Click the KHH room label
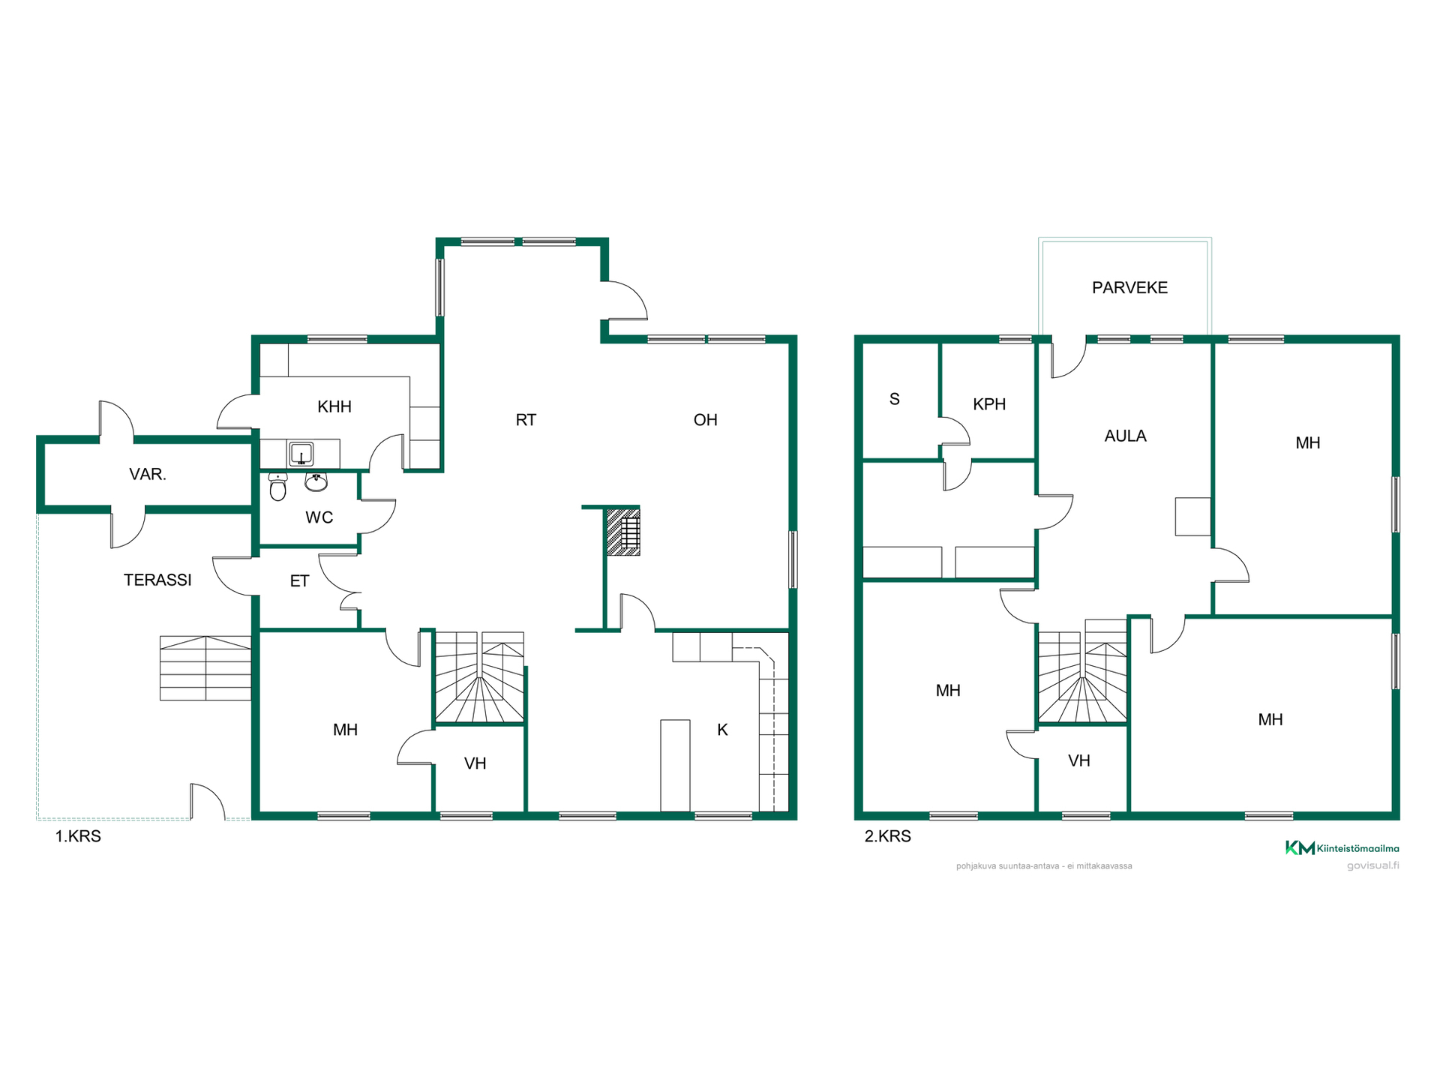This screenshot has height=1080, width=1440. point(334,406)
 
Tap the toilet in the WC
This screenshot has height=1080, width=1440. point(277,487)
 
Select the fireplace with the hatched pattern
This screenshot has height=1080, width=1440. point(622,532)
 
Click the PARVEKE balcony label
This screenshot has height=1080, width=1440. point(1129,287)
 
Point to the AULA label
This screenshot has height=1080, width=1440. point(1125,436)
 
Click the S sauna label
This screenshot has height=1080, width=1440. point(894,399)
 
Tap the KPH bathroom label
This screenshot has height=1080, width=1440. point(989,404)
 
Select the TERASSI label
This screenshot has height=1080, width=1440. point(157,580)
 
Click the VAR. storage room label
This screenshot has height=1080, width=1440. point(148,474)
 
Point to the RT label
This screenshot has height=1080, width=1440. point(526,420)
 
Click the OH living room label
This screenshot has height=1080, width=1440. point(705,420)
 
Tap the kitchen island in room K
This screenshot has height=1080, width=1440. point(675,766)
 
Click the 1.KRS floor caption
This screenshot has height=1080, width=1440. point(78,836)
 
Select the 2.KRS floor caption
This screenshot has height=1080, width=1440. point(887,836)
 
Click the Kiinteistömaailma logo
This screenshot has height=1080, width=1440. point(1342,848)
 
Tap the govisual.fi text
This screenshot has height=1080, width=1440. point(1372,865)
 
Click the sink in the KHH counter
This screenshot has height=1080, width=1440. point(301,454)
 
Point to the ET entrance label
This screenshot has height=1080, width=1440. point(299,581)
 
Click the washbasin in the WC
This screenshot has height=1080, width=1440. point(316,482)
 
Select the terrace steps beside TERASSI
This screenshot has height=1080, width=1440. point(205,668)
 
